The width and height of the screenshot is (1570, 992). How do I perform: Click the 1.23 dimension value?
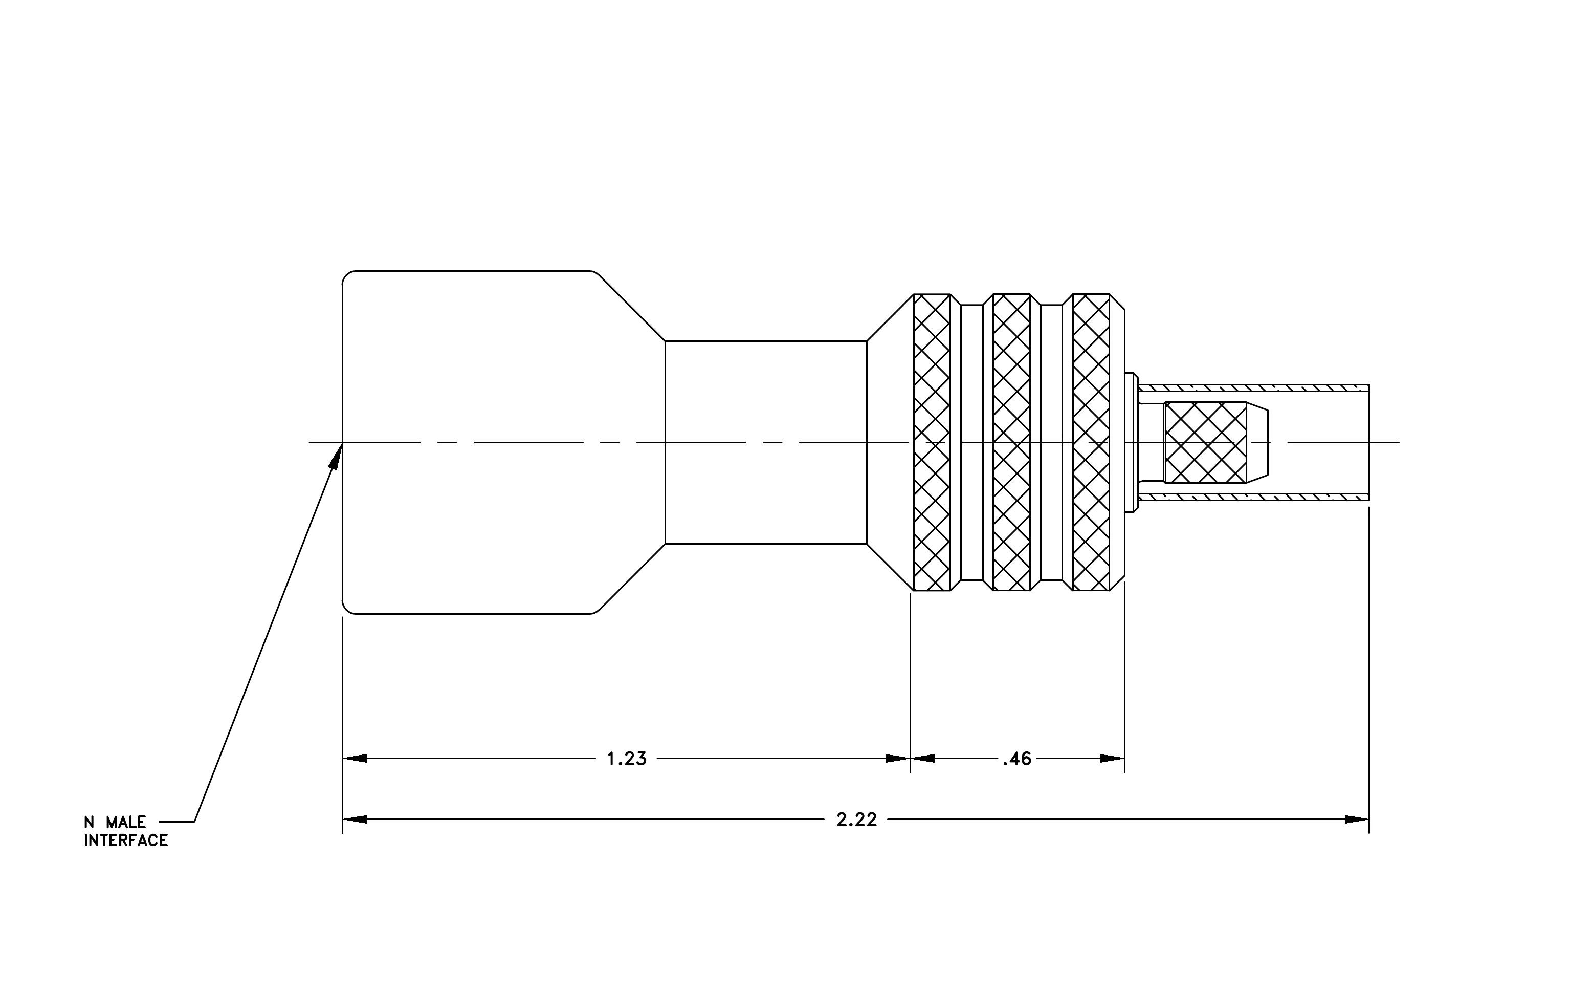627,759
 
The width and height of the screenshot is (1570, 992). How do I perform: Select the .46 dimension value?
1017,759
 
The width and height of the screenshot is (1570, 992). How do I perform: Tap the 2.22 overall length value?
857,820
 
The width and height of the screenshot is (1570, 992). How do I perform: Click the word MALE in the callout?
126,823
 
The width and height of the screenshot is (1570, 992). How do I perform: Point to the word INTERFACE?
126,840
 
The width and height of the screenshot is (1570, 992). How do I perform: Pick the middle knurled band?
1011,442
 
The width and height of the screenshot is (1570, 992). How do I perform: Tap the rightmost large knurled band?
1091,442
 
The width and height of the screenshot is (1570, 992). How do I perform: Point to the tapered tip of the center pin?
1258,442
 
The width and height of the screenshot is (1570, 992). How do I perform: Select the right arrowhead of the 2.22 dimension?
1357,820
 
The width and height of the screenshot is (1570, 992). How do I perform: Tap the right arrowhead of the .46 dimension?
1112,759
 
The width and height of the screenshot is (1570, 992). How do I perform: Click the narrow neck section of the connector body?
766,442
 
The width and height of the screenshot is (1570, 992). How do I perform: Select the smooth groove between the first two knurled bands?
971,442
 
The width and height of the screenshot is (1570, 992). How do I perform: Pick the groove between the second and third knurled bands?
1052,442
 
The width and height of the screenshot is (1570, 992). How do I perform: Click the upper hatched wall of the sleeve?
1253,388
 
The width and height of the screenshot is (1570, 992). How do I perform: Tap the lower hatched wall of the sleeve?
1253,497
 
